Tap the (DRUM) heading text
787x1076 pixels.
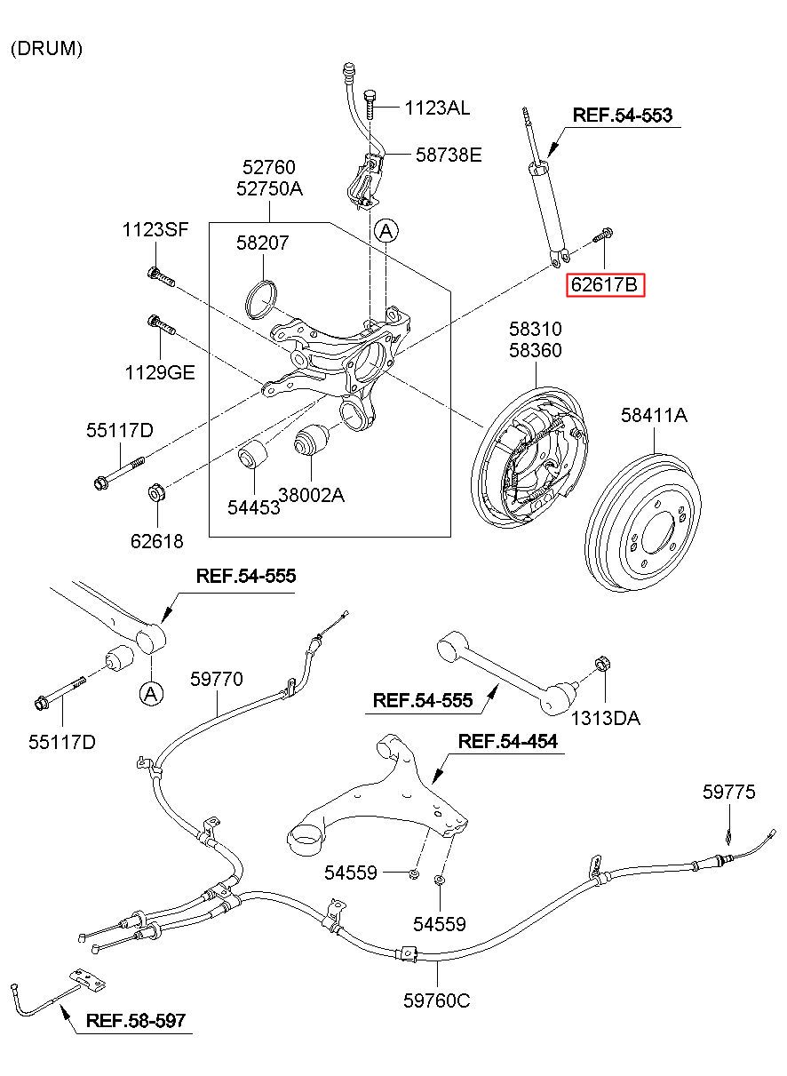click(47, 50)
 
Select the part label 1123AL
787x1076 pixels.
click(437, 108)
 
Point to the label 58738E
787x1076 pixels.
click(449, 155)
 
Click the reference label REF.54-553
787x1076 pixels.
click(622, 116)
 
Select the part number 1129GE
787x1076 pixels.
click(158, 372)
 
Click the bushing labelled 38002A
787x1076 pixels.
click(312, 442)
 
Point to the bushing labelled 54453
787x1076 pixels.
click(253, 455)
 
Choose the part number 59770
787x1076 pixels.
click(216, 680)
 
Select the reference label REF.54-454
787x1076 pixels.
click(508, 741)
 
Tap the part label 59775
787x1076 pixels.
click(728, 792)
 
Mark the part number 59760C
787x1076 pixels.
click(436, 1000)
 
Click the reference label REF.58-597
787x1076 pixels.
click(136, 1020)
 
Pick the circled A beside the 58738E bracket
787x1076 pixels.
click(386, 232)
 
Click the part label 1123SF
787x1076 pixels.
click(155, 230)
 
